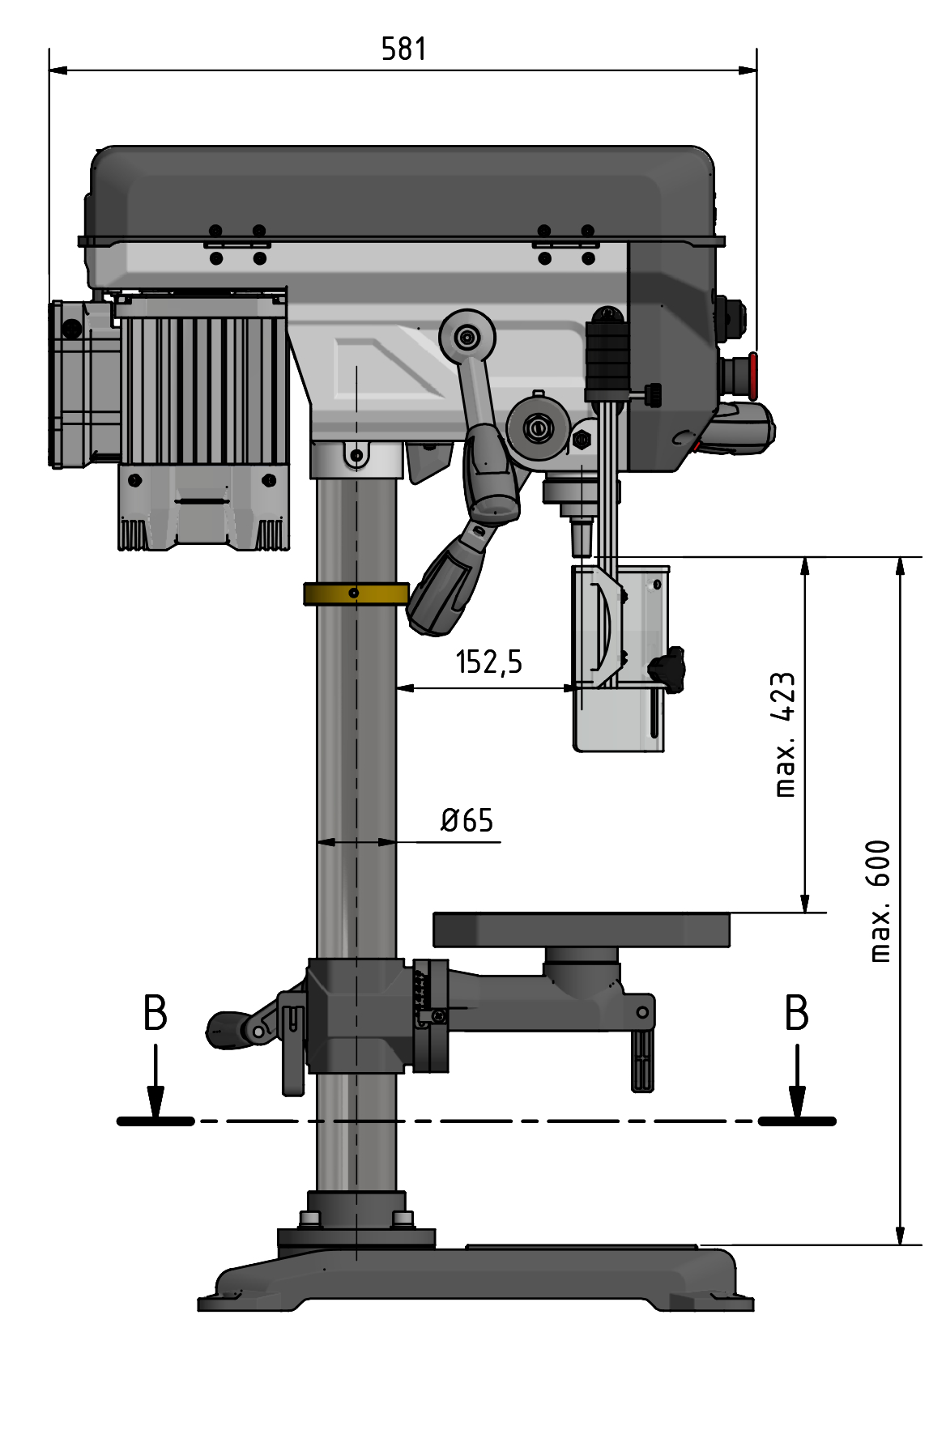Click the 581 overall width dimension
tap(403, 49)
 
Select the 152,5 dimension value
tap(488, 662)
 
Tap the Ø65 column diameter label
tap(467, 821)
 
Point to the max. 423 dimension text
tap(784, 734)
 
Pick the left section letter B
tap(155, 1013)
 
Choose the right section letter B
tap(796, 1013)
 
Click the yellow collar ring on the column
tap(356, 594)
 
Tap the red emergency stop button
tap(752, 376)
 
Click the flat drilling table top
tap(581, 929)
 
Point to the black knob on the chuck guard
tap(667, 667)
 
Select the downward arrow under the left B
tap(156, 1084)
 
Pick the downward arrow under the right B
tap(797, 1084)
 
